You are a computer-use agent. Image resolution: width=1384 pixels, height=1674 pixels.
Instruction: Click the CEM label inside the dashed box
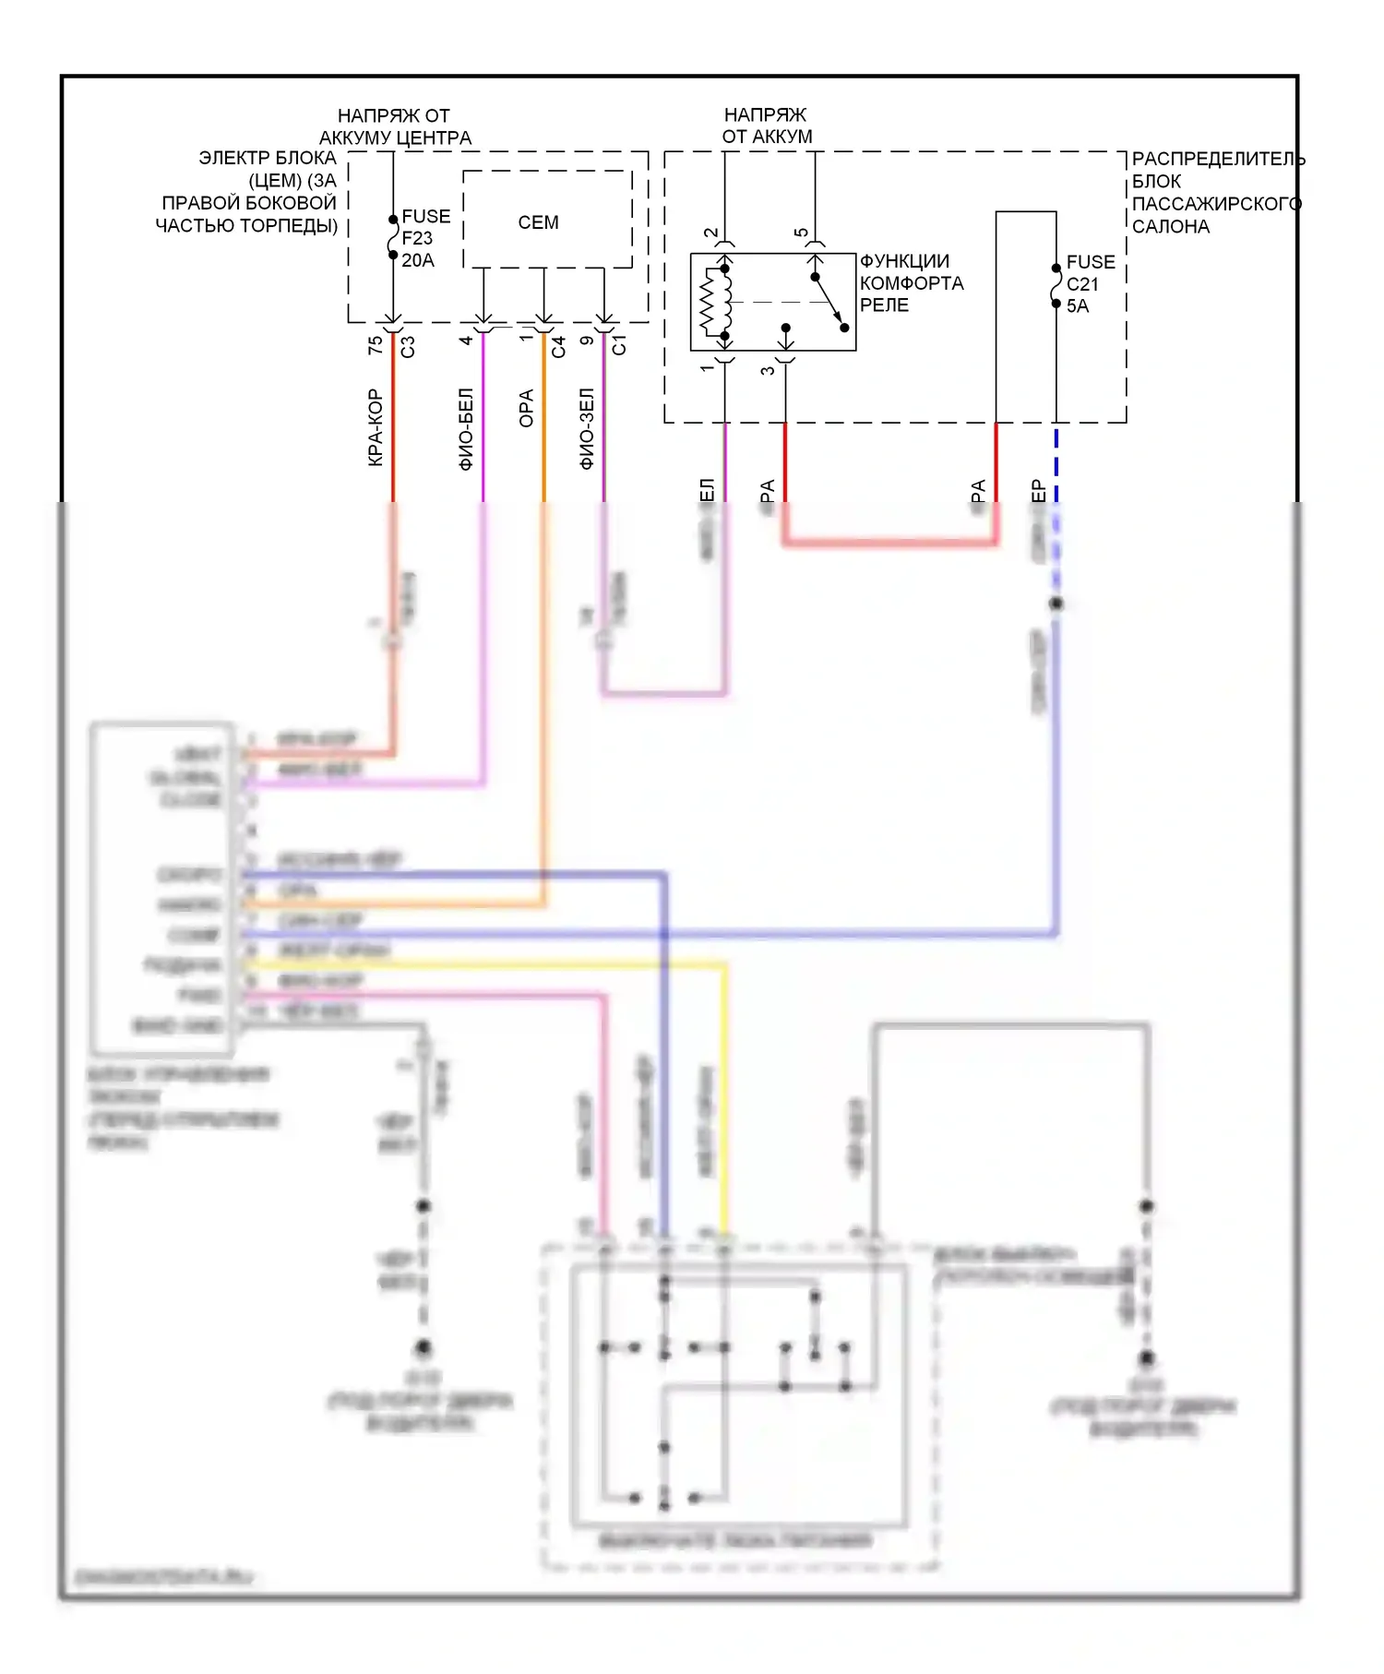(x=538, y=222)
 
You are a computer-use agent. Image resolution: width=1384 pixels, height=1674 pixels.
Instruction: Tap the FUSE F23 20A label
(x=424, y=238)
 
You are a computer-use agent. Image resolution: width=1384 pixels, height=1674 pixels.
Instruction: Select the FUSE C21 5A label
(x=1090, y=284)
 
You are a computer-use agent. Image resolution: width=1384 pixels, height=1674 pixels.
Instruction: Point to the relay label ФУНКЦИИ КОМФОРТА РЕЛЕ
(x=911, y=283)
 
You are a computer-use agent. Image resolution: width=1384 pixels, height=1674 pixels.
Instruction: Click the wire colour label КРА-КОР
(x=375, y=427)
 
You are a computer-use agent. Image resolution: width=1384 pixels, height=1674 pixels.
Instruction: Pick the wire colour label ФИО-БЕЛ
(x=466, y=429)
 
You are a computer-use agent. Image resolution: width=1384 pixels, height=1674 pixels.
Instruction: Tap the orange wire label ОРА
(x=526, y=409)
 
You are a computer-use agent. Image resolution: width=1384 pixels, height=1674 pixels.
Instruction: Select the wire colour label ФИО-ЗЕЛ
(x=587, y=429)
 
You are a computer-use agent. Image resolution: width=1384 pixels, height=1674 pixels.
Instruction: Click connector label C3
(x=408, y=346)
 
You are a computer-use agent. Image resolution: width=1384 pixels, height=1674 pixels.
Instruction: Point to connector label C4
(x=558, y=347)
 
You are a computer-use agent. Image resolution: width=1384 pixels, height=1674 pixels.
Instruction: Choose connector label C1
(x=619, y=345)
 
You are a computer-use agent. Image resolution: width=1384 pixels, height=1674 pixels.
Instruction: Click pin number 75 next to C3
(x=375, y=345)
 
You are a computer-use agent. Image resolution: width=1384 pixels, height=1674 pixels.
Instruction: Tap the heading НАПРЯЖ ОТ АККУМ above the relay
(x=766, y=126)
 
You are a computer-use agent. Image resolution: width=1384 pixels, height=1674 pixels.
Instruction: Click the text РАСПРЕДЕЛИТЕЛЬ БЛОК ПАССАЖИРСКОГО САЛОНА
(x=1216, y=193)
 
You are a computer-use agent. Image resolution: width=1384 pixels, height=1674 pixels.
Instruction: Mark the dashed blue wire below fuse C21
(x=1056, y=461)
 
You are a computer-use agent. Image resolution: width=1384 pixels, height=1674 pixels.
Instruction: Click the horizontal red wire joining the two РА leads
(x=890, y=542)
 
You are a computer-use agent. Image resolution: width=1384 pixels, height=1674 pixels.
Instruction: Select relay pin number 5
(x=801, y=233)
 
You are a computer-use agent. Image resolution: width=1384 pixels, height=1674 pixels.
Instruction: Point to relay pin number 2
(x=710, y=233)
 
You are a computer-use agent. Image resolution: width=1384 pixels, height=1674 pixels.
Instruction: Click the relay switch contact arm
(x=829, y=301)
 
